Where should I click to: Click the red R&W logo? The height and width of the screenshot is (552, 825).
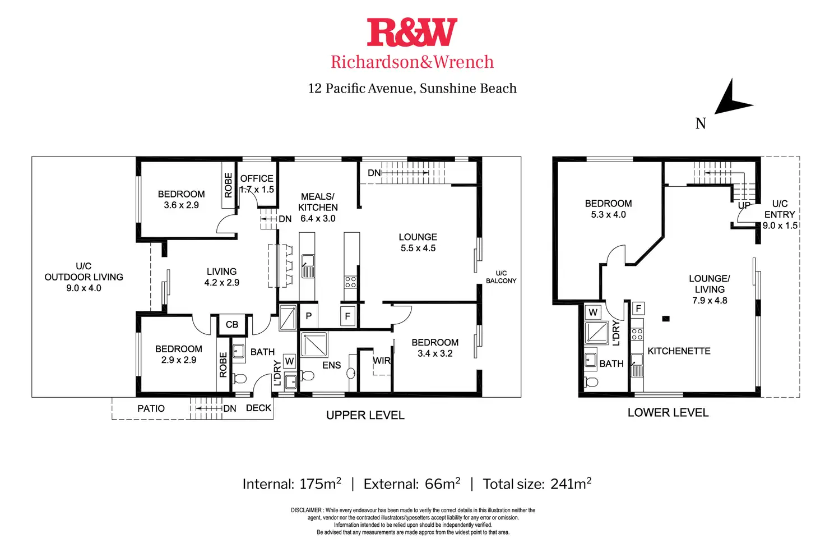pyautogui.click(x=412, y=32)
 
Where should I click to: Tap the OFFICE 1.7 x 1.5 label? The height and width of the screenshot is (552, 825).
pyautogui.click(x=257, y=183)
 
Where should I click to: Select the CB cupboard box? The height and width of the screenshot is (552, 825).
pyautogui.click(x=231, y=324)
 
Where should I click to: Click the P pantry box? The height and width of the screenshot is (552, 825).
pyautogui.click(x=309, y=316)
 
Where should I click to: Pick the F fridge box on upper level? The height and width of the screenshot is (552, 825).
pyautogui.click(x=347, y=316)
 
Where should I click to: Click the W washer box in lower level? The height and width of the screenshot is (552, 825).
pyautogui.click(x=593, y=312)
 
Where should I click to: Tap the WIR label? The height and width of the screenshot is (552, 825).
pyautogui.click(x=382, y=361)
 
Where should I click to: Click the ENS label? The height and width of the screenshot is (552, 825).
pyautogui.click(x=331, y=365)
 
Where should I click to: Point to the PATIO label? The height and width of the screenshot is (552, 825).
pyautogui.click(x=151, y=408)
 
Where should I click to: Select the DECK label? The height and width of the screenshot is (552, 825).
pyautogui.click(x=258, y=408)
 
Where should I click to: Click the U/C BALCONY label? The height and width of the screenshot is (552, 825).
pyautogui.click(x=501, y=277)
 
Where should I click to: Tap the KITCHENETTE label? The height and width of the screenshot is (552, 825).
pyautogui.click(x=679, y=351)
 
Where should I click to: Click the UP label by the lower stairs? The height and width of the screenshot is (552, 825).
pyautogui.click(x=744, y=205)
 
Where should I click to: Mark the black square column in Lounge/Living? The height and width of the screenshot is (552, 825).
pyautogui.click(x=666, y=319)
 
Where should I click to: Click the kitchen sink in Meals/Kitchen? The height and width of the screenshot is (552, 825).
pyautogui.click(x=308, y=266)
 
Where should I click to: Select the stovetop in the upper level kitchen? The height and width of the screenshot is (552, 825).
pyautogui.click(x=350, y=282)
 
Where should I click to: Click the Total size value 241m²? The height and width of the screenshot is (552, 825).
pyautogui.click(x=571, y=484)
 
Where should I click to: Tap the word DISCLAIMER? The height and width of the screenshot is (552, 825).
pyautogui.click(x=307, y=510)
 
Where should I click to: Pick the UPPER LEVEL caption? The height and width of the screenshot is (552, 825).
pyautogui.click(x=365, y=415)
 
